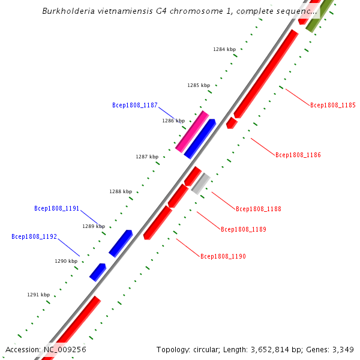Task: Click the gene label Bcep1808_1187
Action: (134, 105)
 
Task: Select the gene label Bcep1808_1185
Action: (332, 105)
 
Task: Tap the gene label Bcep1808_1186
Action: (298, 155)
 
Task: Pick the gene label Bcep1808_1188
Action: (258, 209)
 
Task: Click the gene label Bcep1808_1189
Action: (243, 229)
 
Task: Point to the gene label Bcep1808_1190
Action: (223, 256)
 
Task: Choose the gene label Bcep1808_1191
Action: (56, 209)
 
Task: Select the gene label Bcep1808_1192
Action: (34, 236)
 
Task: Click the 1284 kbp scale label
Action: (224, 49)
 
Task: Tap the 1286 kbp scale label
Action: (173, 121)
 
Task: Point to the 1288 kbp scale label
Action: (120, 191)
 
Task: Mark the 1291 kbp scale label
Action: (38, 295)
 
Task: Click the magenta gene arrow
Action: (192, 131)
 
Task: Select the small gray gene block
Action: (200, 184)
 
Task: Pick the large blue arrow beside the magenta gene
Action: (200, 139)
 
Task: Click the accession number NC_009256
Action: (64, 349)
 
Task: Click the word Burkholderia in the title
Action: (69, 11)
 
